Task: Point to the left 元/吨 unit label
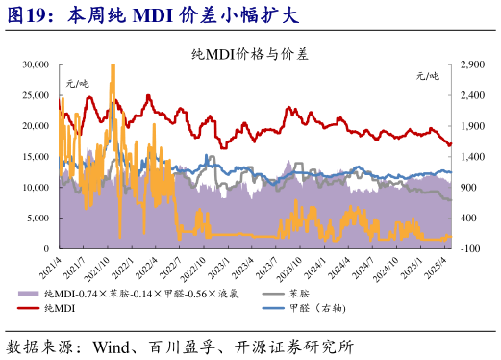click(76, 85)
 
